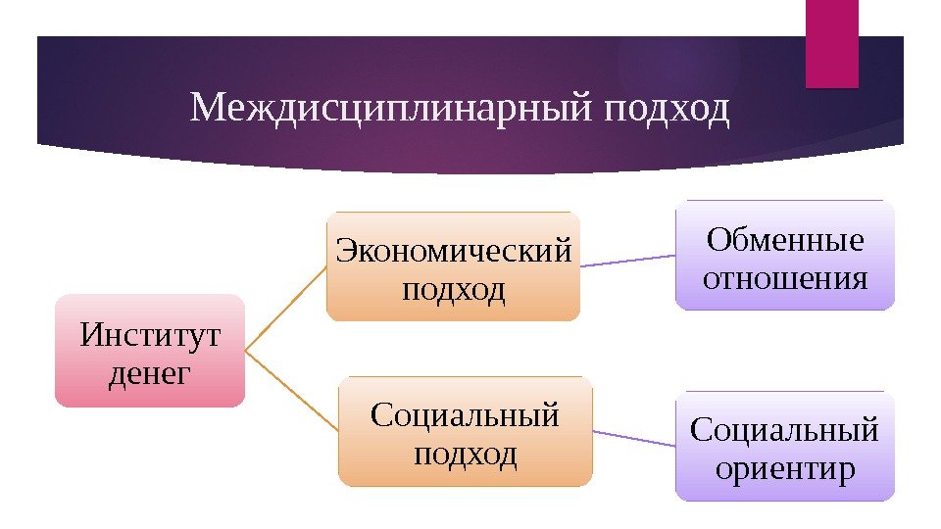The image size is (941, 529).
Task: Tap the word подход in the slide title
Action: (x=667, y=110)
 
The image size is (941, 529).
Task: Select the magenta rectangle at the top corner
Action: (x=831, y=43)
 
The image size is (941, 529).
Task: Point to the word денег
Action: (x=150, y=372)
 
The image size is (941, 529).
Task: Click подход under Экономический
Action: (x=453, y=289)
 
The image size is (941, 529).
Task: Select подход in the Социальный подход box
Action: (x=466, y=454)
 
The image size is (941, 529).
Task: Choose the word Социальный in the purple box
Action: (x=785, y=429)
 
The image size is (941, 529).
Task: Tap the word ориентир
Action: (x=785, y=468)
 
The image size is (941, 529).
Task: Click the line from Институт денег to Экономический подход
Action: (x=285, y=309)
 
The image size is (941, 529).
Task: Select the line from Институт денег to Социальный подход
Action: (x=291, y=390)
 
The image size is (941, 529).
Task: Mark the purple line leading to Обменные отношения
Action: (x=627, y=261)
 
